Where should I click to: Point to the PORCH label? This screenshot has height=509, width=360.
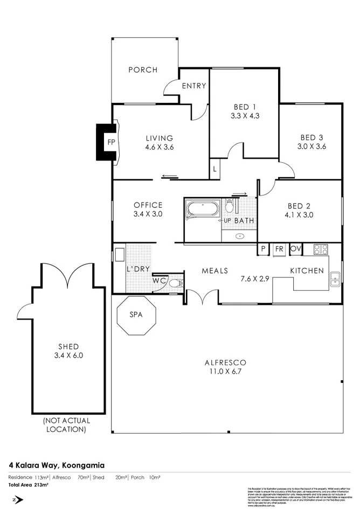tap(143, 70)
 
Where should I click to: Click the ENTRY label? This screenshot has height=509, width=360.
tap(193, 86)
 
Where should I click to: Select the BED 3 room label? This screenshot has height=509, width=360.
tap(311, 137)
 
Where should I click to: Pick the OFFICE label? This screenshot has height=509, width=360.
tap(148, 205)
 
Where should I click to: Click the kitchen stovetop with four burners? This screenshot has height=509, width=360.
tap(321, 249)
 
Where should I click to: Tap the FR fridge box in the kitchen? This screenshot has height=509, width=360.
tap(279, 249)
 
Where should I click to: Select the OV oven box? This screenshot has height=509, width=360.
tap(295, 249)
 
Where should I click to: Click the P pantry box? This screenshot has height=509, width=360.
tap(264, 249)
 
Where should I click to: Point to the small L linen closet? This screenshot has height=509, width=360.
tap(215, 169)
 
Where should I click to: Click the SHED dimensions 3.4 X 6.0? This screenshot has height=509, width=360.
tap(68, 355)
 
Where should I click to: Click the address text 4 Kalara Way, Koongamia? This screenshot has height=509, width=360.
tap(56, 464)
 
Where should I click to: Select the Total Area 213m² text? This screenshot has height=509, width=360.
tap(28, 485)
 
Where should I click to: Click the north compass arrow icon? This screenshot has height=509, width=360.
tap(18, 500)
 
